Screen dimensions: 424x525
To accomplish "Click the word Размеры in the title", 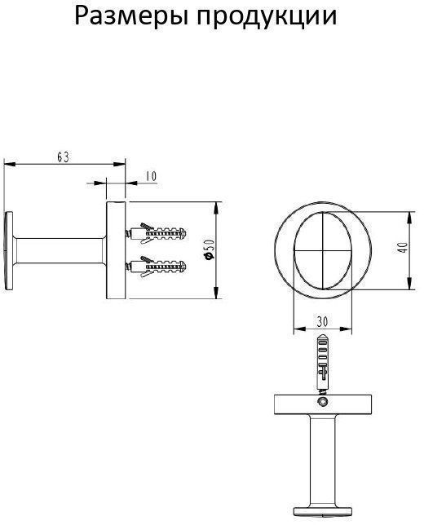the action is pyautogui.click(x=131, y=17).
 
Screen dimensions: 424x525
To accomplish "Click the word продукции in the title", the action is pyautogui.click(x=267, y=17).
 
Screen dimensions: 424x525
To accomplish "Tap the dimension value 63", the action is pyautogui.click(x=63, y=157).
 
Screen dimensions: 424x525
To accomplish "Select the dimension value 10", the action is pyautogui.click(x=151, y=176).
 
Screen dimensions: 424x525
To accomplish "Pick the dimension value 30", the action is pyautogui.click(x=322, y=322).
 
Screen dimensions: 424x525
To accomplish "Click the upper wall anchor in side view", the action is pyautogui.click(x=156, y=232).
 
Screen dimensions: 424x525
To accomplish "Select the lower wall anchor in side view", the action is pyautogui.click(x=156, y=267).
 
